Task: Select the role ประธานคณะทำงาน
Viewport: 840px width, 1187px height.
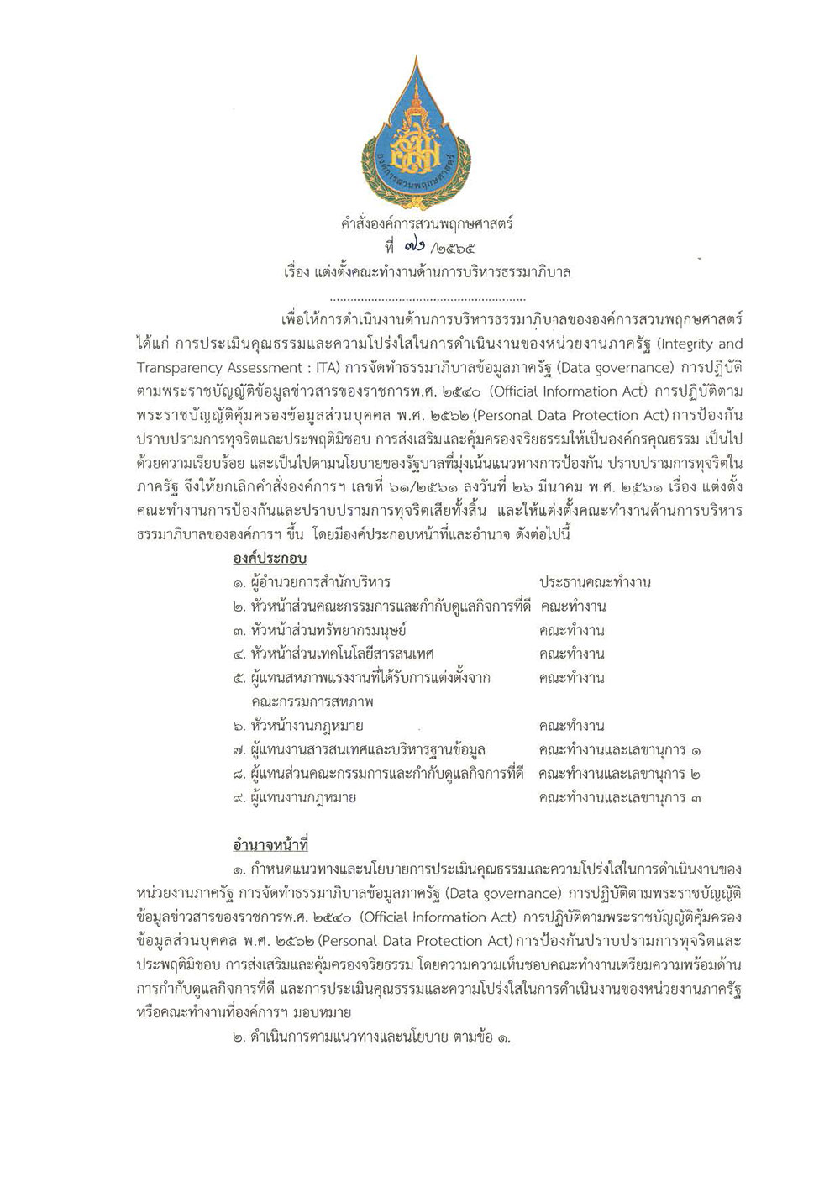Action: click(x=596, y=582)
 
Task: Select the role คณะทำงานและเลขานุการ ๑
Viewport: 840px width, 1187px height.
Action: click(x=622, y=749)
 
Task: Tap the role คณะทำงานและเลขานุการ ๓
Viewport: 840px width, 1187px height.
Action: click(x=622, y=797)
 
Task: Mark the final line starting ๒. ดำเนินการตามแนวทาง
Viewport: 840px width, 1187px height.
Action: click(x=374, y=1037)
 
